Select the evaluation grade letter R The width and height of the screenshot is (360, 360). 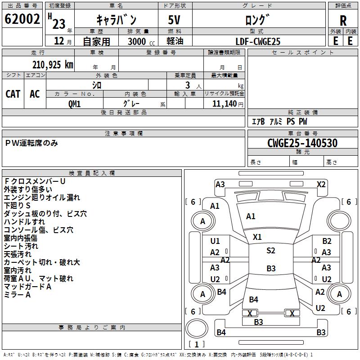pyautogui.click(x=343, y=21)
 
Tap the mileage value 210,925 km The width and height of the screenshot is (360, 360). pyautogui.click(x=53, y=65)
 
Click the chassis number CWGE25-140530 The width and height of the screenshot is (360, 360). pyautogui.click(x=302, y=143)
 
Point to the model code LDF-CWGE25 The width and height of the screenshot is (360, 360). pyautogui.click(x=258, y=41)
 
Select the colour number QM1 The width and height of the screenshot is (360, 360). pyautogui.click(x=74, y=103)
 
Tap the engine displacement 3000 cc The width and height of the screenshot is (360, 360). pyautogui.click(x=139, y=41)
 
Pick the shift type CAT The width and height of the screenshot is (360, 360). pyautogui.click(x=13, y=94)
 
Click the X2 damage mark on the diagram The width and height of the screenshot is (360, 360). pyautogui.click(x=321, y=184)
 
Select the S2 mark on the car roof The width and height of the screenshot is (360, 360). pyautogui.click(x=270, y=251)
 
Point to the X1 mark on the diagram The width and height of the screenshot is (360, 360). pyautogui.click(x=257, y=237)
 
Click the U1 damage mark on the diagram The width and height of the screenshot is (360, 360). pyautogui.click(x=215, y=241)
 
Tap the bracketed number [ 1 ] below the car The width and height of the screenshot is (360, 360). pyautogui.click(x=197, y=344)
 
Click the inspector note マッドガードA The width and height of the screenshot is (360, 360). pyautogui.click(x=27, y=287)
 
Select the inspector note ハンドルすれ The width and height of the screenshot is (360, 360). pyautogui.click(x=24, y=222)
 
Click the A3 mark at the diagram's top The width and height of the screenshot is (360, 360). pyautogui.click(x=220, y=184)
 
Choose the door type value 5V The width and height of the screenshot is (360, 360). pyautogui.click(x=175, y=20)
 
